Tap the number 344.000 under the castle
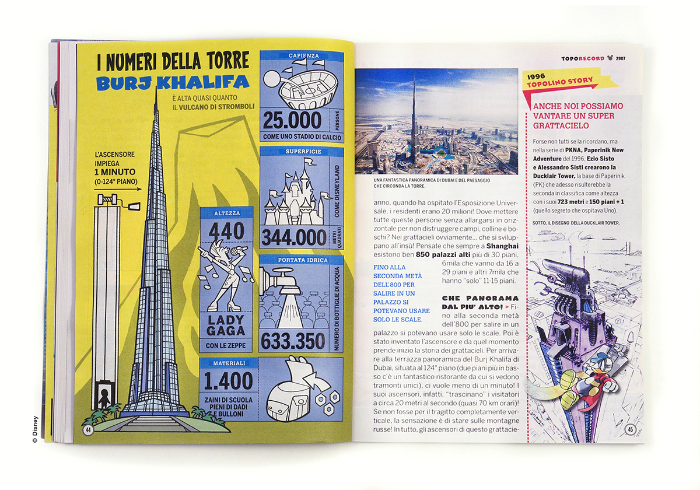tap(293, 238)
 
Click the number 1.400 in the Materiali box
tap(228, 381)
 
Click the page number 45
tap(631, 430)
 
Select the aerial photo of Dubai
tap(436, 121)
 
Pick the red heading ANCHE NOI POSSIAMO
tap(577, 107)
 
